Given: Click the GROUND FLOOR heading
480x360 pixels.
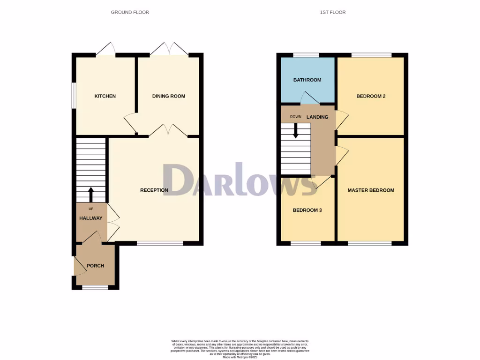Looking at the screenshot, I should [x=130, y=12].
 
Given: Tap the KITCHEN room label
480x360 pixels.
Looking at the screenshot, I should [x=105, y=96].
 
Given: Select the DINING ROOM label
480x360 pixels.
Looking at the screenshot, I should [x=169, y=96].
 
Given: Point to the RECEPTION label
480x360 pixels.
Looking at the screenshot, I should [x=154, y=190].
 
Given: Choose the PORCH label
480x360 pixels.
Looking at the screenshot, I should [x=95, y=266].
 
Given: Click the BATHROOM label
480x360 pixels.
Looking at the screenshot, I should [x=307, y=80].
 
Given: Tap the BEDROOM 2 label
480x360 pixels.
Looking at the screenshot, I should [x=371, y=96].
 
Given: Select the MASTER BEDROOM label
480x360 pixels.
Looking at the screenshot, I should [x=371, y=190].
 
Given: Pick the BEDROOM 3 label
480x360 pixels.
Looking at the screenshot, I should [x=307, y=210].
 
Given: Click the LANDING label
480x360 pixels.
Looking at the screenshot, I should [x=317, y=117].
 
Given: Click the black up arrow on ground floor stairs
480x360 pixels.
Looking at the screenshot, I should [x=91, y=194].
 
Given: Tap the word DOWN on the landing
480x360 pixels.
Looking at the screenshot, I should [x=295, y=117].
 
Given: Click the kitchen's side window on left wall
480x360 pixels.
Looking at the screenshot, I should [x=74, y=96].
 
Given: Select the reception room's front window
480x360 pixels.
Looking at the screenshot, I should [x=160, y=243].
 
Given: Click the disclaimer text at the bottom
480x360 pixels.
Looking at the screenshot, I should [x=240, y=349].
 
